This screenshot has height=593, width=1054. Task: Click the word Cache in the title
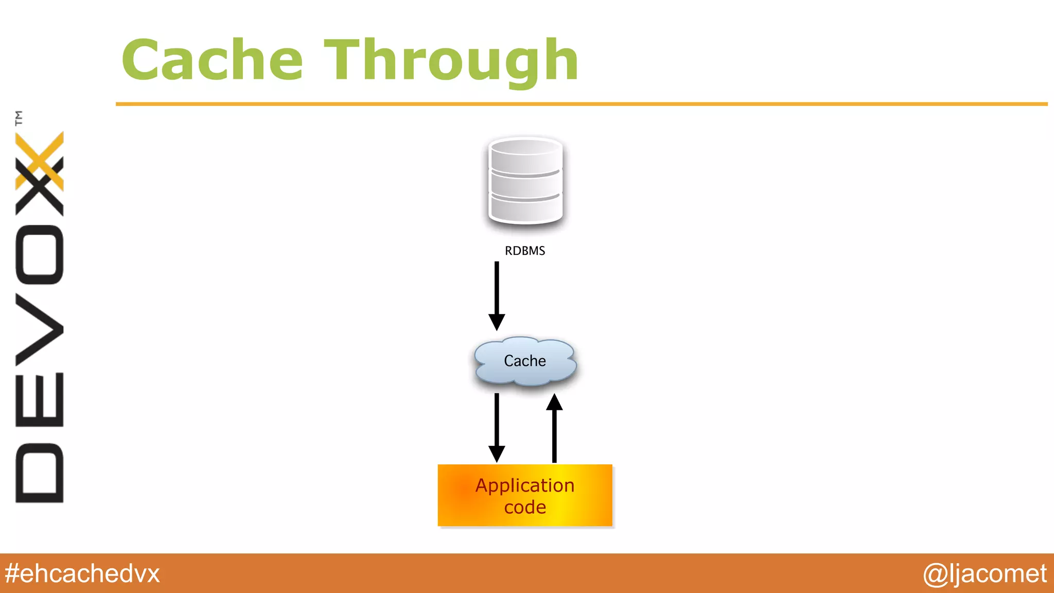(212, 60)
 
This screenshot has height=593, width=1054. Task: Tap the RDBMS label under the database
(524, 251)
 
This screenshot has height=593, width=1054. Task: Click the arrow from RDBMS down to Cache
(497, 295)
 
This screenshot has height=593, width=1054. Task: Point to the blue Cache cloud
(525, 361)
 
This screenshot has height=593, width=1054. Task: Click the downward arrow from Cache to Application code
(497, 427)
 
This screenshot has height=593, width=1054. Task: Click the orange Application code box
(525, 495)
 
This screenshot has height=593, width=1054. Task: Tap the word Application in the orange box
(525, 485)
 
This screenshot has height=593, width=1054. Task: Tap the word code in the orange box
(525, 508)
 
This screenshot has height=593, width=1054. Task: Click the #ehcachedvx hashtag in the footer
(82, 573)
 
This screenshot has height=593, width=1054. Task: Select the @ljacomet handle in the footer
(985, 573)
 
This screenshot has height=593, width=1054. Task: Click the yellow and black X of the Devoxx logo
(40, 172)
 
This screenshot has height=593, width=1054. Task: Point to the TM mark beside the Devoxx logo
(19, 118)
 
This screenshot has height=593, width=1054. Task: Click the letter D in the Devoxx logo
(40, 473)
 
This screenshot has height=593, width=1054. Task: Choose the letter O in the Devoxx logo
(40, 255)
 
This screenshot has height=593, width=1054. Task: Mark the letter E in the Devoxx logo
(40, 399)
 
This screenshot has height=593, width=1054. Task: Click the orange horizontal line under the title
(582, 104)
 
